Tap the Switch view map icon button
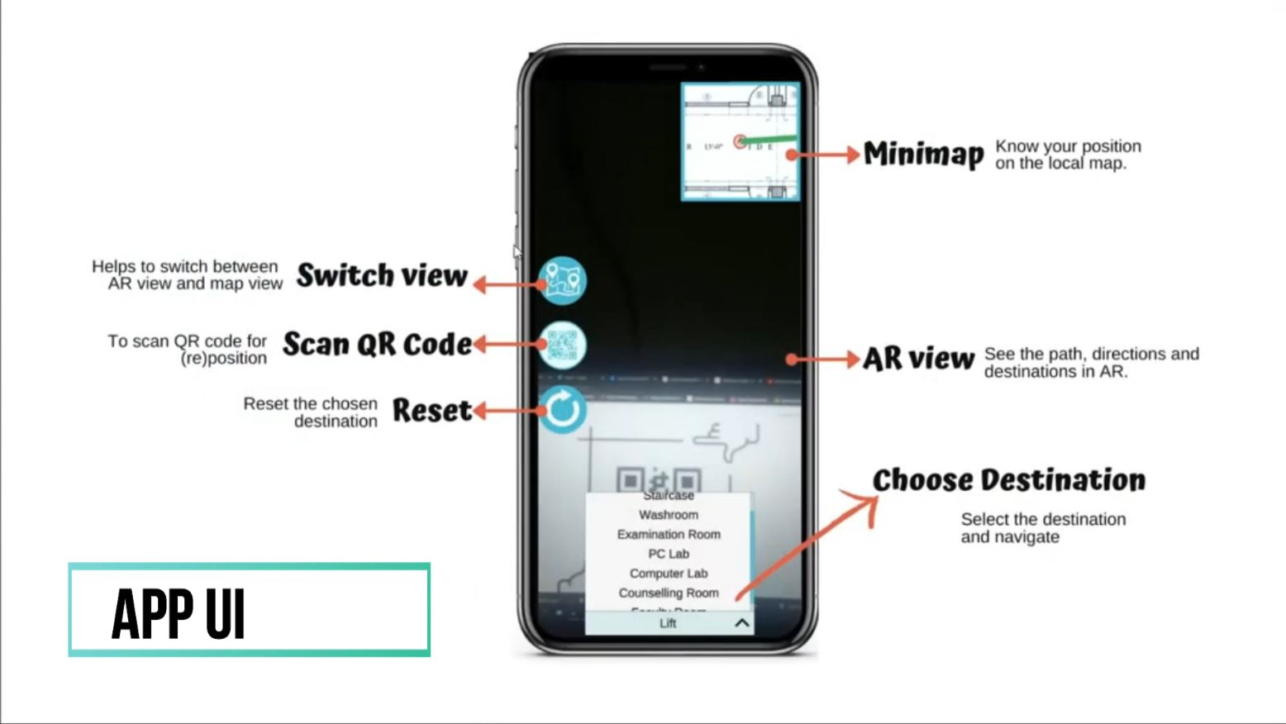(562, 280)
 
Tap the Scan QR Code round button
(562, 345)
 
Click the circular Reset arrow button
(562, 409)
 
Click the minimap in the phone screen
(741, 141)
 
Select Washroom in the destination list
(668, 515)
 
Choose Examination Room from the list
(668, 535)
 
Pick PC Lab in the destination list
(668, 554)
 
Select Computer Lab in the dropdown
(668, 574)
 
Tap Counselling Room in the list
(668, 593)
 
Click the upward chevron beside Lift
(741, 623)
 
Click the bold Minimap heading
(923, 154)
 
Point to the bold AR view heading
(918, 359)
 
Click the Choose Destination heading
(1008, 480)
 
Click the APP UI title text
(179, 613)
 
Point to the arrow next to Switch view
(507, 284)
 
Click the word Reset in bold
(431, 410)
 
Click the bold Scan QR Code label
(377, 344)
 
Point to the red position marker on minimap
(740, 141)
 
